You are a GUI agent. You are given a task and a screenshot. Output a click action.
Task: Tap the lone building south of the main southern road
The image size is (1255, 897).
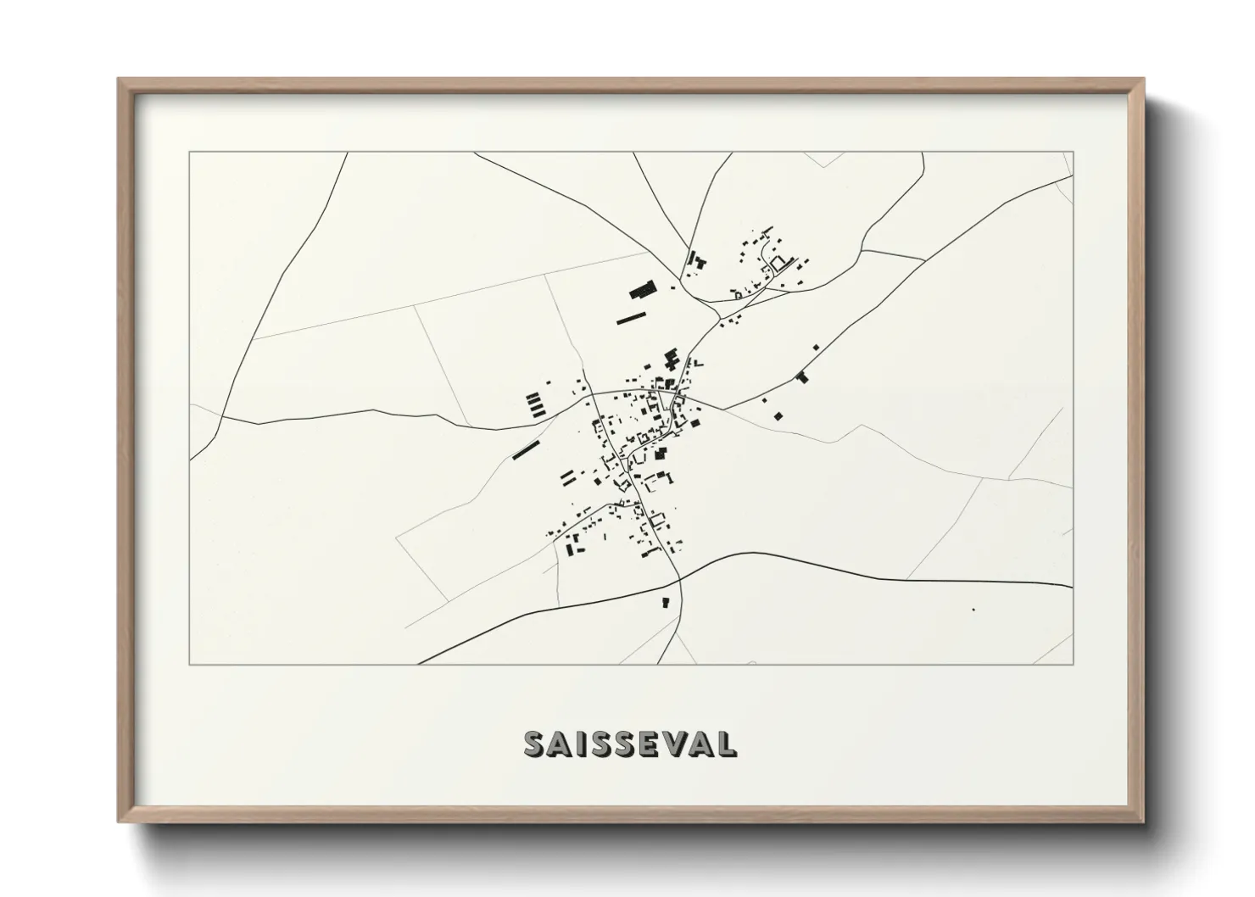click(666, 603)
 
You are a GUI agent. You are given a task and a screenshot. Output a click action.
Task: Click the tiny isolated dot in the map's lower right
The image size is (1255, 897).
click(973, 609)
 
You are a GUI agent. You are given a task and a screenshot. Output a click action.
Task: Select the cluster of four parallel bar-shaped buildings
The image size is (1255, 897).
click(535, 404)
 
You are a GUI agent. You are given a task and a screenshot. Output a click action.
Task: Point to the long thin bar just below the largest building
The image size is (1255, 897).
click(631, 318)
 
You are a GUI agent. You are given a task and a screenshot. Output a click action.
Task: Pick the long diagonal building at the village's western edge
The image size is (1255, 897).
click(526, 449)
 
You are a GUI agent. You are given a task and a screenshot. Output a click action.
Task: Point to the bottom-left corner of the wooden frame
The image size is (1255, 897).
click(120, 821)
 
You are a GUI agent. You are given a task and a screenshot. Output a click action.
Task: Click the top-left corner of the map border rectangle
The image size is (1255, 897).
click(190, 153)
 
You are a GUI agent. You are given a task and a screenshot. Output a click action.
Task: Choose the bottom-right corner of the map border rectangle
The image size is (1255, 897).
click(1073, 664)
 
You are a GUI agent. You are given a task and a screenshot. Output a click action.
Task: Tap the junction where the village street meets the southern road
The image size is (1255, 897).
click(680, 580)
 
